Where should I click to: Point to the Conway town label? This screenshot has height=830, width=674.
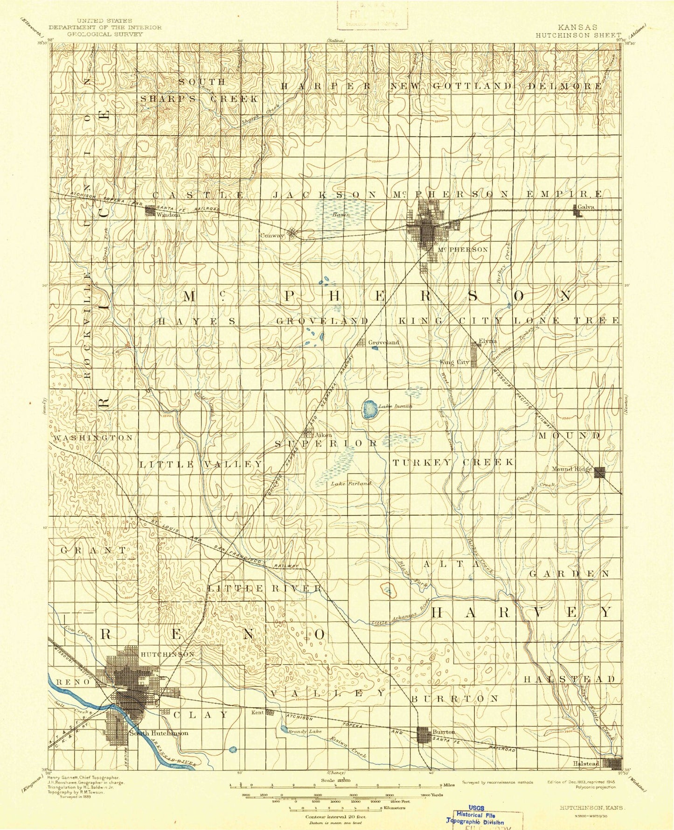(272, 236)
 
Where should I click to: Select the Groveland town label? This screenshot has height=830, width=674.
(384, 342)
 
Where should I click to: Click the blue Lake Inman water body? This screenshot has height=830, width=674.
(370, 409)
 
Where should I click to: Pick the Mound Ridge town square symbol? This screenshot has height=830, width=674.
(599, 472)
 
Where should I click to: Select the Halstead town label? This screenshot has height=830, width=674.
(586, 763)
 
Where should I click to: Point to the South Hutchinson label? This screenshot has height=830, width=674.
(159, 733)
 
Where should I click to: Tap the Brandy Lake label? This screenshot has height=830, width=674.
(306, 732)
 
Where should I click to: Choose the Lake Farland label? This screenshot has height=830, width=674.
(351, 484)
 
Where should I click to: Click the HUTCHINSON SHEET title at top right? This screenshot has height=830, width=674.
(578, 35)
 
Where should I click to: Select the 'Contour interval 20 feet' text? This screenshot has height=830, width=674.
(335, 817)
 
